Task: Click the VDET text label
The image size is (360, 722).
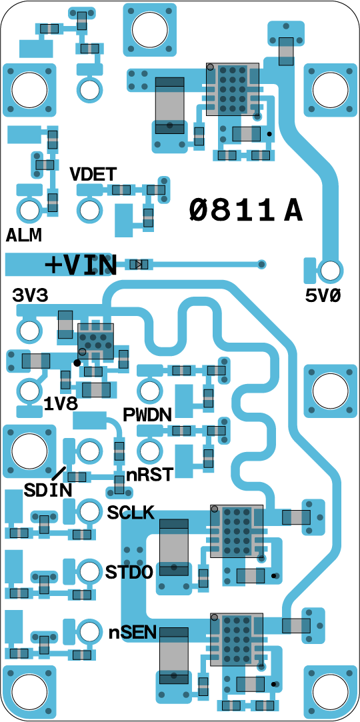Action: click(x=93, y=174)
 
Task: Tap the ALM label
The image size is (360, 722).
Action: click(x=24, y=235)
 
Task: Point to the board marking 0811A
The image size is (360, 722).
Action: click(x=246, y=211)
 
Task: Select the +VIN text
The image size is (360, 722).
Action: click(x=81, y=265)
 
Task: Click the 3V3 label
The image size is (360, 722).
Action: click(x=30, y=295)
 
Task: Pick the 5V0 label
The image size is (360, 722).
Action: click(x=323, y=296)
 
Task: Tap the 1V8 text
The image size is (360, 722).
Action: click(x=61, y=403)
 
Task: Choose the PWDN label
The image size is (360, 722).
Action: click(x=147, y=415)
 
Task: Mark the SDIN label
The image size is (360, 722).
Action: click(x=49, y=489)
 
